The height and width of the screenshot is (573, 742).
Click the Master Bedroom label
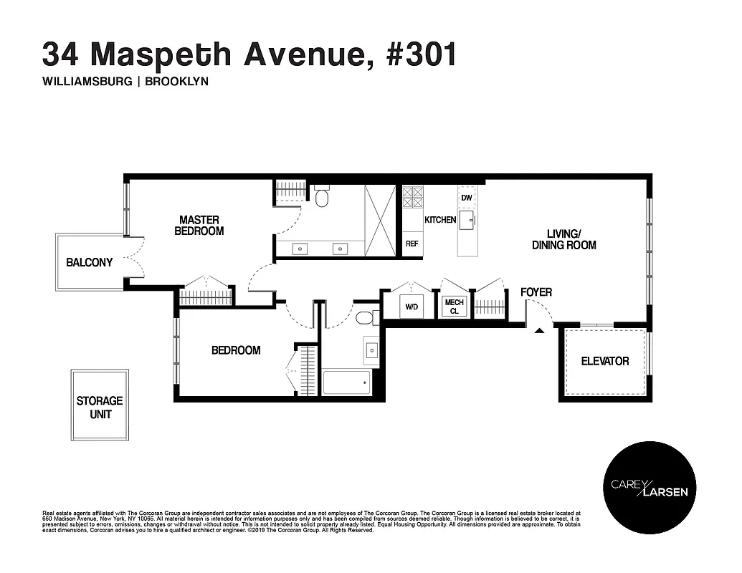pyautogui.click(x=199, y=226)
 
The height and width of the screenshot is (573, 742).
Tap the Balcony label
pyautogui.click(x=90, y=263)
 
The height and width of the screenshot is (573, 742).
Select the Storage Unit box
pyautogui.click(x=100, y=407)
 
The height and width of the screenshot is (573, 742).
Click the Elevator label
pyautogui.click(x=604, y=361)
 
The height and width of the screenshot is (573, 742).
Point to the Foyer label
pyautogui.click(x=536, y=293)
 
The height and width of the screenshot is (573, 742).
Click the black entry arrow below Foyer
pyautogui.click(x=539, y=330)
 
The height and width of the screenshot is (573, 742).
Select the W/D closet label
pyautogui.click(x=412, y=307)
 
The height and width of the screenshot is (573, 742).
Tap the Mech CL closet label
pyautogui.click(x=455, y=307)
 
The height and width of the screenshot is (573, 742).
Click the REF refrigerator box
pyautogui.click(x=412, y=244)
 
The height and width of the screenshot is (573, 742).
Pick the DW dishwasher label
pyautogui.click(x=467, y=198)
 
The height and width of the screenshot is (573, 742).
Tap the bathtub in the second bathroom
pyautogui.click(x=347, y=382)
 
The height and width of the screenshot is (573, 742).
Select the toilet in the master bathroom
pyautogui.click(x=321, y=196)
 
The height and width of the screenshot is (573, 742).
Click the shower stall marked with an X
pyautogui.click(x=380, y=220)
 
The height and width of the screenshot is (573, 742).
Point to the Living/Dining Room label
pyautogui.click(x=563, y=239)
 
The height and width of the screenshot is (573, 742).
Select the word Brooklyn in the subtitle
pyautogui.click(x=176, y=82)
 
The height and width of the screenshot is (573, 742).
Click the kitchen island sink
pyautogui.click(x=468, y=221)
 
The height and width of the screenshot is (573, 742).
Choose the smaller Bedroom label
pyautogui.click(x=235, y=350)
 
